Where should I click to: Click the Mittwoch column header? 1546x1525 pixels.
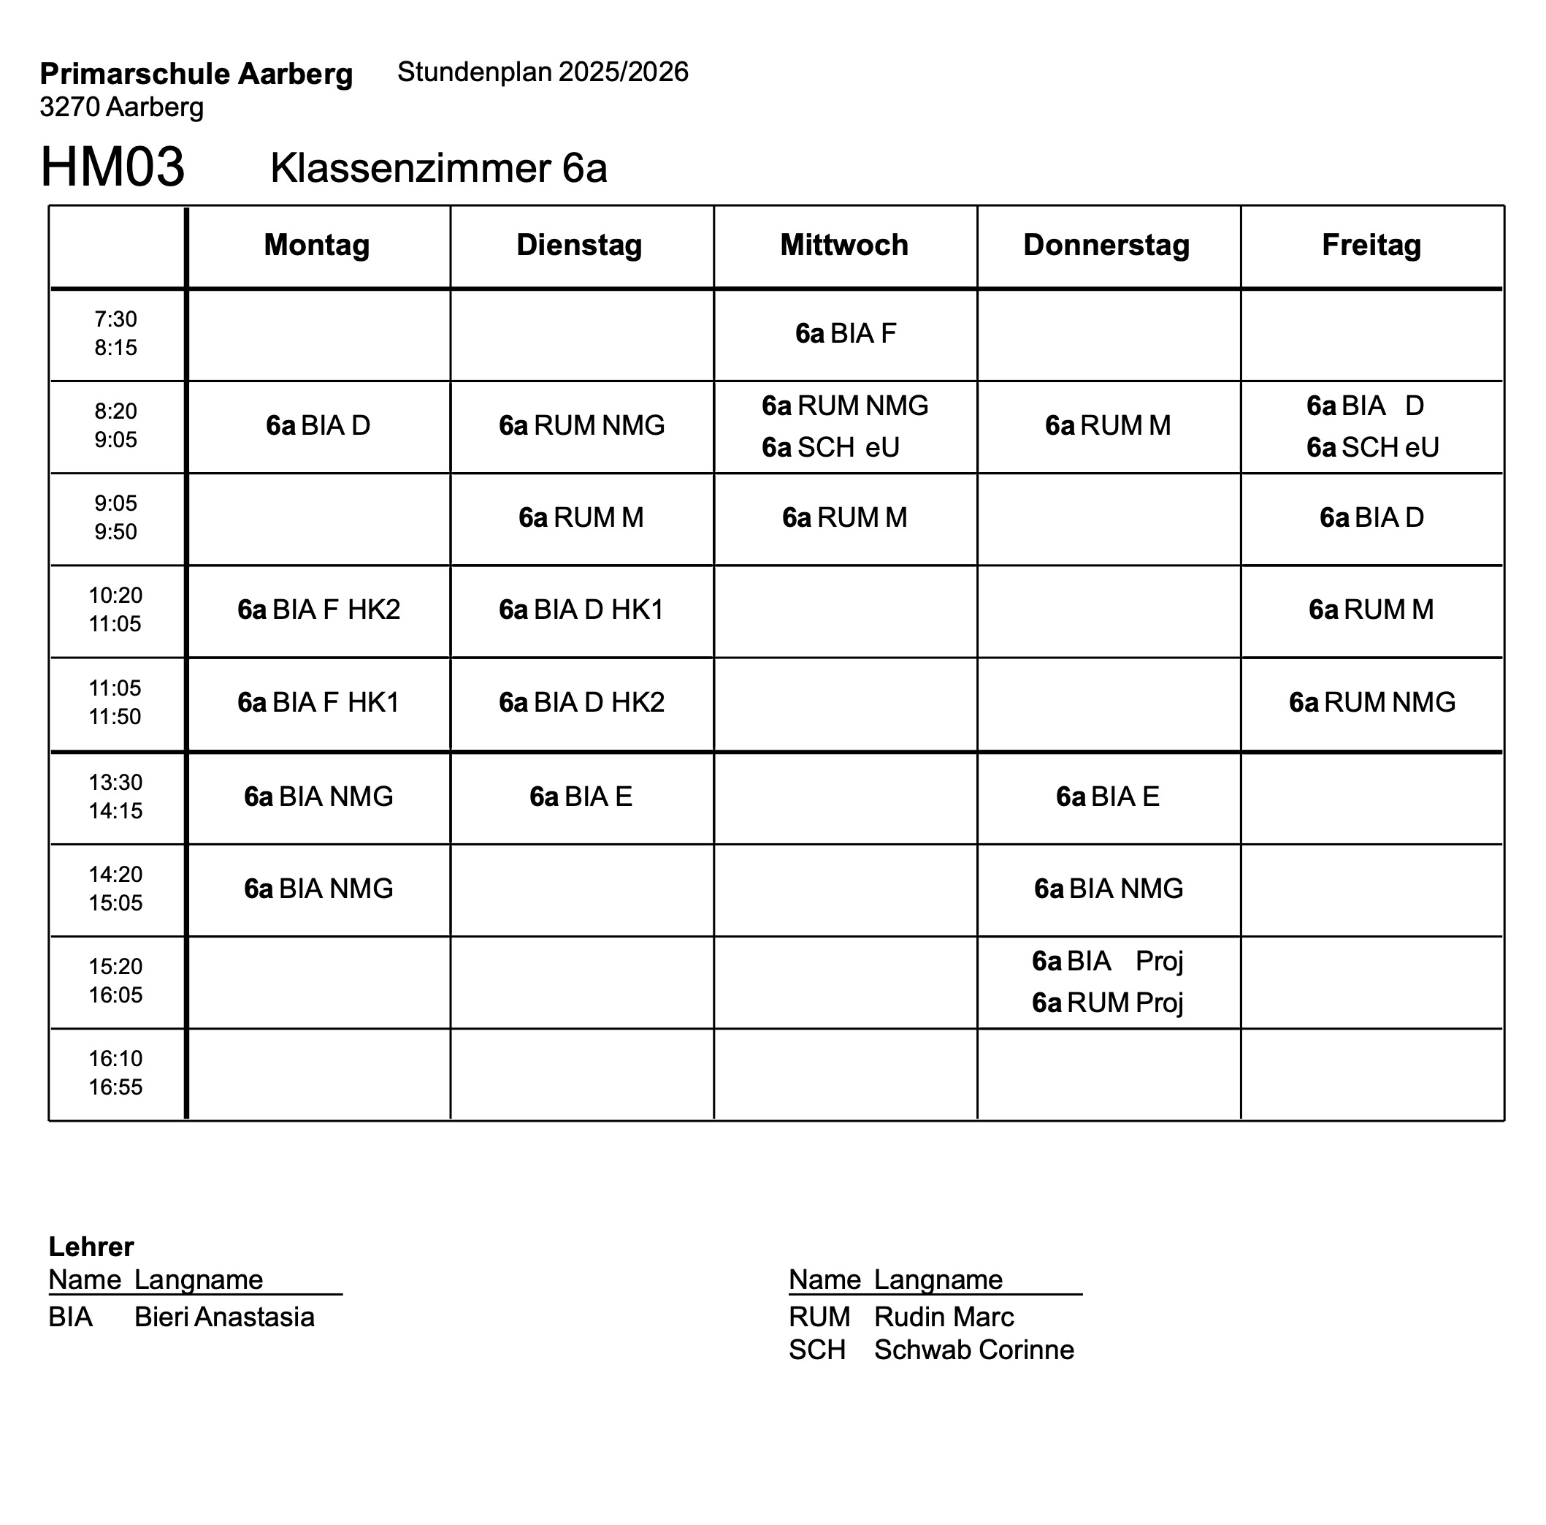844,245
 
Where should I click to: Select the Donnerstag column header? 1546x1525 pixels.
1106,245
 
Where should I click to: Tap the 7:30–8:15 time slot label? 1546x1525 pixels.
116,333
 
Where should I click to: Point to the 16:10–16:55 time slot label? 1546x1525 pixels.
116,1073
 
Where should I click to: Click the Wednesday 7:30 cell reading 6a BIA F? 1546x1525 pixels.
845,333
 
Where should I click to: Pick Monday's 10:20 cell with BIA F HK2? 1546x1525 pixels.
318,610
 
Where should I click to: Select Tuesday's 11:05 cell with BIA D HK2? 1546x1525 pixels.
582,702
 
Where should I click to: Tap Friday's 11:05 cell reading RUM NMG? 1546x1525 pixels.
1371,702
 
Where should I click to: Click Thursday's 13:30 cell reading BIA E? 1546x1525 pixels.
1108,796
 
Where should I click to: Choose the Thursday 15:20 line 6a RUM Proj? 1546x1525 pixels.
1108,1003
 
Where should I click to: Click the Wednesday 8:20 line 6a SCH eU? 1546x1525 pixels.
830,447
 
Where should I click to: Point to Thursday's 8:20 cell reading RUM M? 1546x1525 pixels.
1108,425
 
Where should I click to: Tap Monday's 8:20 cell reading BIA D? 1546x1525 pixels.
318,425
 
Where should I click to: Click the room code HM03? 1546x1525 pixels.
113,167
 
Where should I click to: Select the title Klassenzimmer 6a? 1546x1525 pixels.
438,168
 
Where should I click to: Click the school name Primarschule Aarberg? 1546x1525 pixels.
196,74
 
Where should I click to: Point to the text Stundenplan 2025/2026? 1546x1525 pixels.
543,72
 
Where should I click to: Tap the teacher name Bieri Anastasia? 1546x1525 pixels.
224,1317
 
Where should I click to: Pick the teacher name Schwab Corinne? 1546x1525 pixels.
974,1350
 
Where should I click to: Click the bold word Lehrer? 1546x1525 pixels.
91,1247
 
